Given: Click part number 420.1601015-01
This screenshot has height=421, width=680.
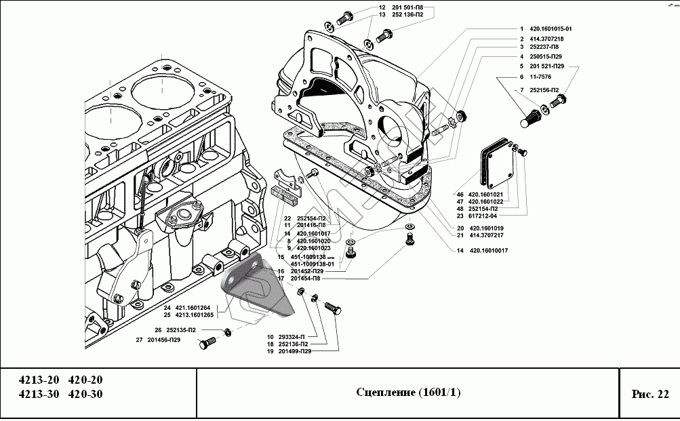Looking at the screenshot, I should (552, 29).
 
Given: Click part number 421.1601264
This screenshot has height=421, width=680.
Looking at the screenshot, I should (196, 308).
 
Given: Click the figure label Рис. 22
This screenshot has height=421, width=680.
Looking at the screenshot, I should (649, 394).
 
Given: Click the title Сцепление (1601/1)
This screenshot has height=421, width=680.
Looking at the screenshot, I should (407, 394).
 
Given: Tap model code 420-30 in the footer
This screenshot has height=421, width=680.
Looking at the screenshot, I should (86, 395).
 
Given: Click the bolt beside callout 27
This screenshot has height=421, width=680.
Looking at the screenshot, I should (205, 344).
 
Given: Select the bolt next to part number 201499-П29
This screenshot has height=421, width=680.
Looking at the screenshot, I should (333, 309).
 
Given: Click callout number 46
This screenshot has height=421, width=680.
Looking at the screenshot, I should (460, 194).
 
